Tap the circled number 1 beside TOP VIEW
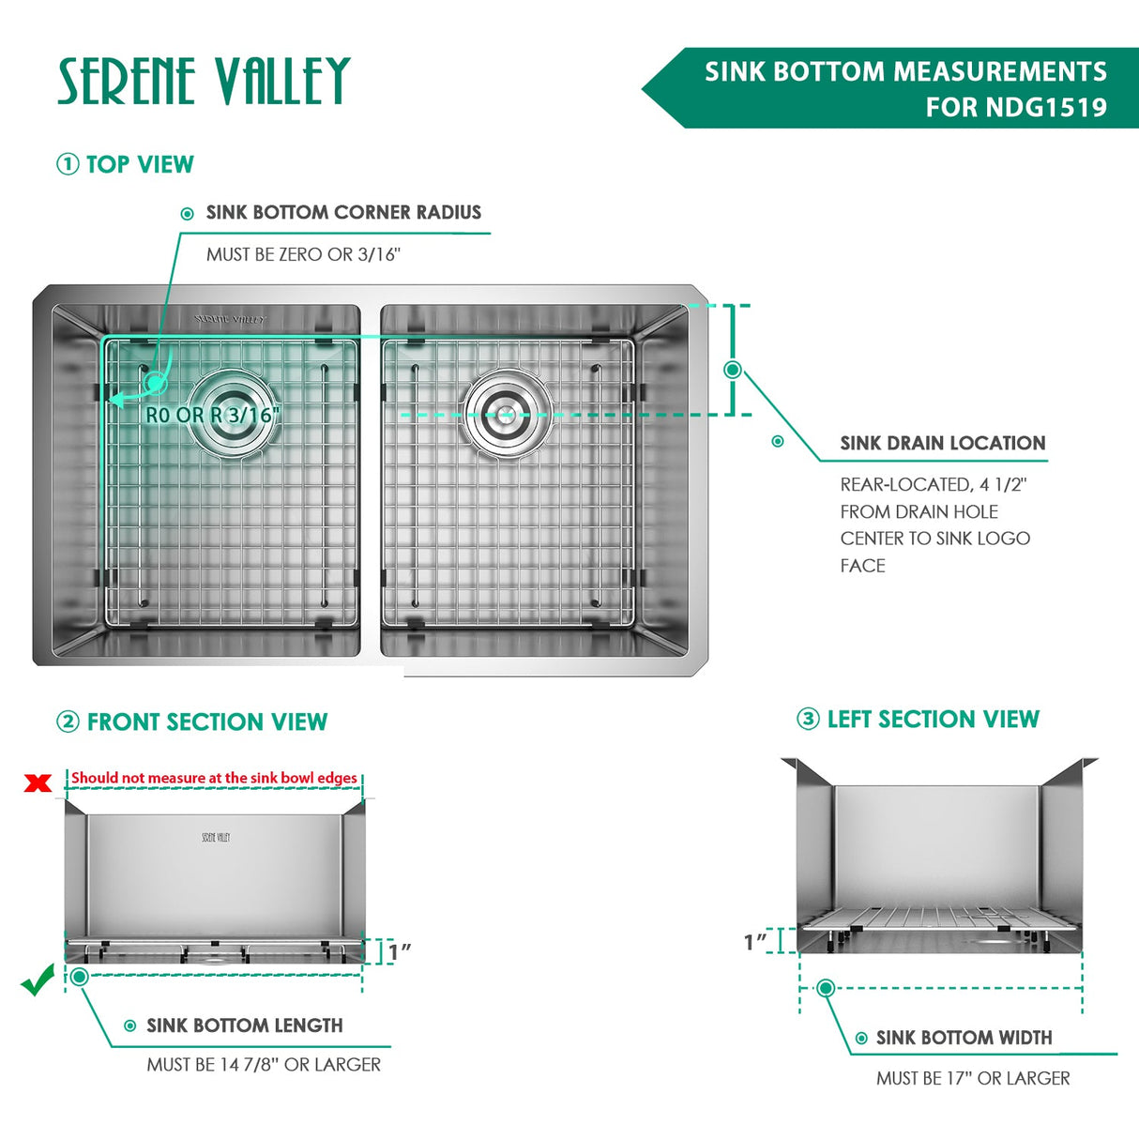[68, 164]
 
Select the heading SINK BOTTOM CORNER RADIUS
[343, 213]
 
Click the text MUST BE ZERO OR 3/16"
[303, 254]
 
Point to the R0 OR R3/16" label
[213, 415]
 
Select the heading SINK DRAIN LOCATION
[942, 444]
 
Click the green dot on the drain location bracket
[733, 370]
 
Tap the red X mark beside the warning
[38, 782]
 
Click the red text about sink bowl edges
[214, 778]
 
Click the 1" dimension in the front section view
[400, 951]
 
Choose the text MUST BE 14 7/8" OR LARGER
[264, 1065]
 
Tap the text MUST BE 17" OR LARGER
[973, 1079]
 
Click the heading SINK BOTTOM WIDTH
[964, 1038]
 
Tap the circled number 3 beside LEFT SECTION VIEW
[808, 720]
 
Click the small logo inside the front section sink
[216, 837]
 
